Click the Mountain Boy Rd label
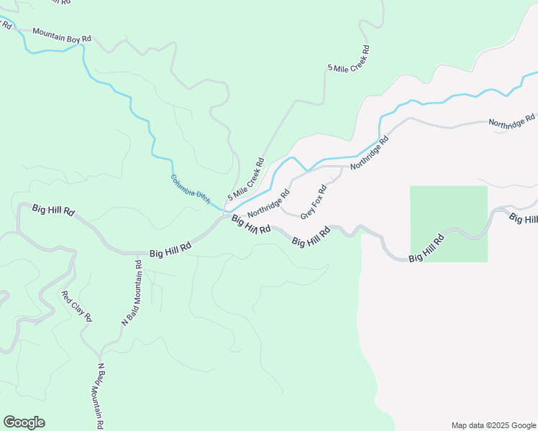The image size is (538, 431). point(63,34)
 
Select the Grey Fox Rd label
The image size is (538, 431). point(314,202)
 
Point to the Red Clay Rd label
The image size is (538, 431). point(77,306)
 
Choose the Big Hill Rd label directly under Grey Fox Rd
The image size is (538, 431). point(311,238)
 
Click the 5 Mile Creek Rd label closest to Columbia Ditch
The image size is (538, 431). point(247,180)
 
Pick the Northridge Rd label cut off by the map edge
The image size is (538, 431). point(512,121)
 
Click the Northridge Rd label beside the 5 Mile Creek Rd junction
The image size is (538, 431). point(268,204)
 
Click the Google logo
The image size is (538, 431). point(24,422)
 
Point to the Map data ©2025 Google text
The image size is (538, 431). point(493,425)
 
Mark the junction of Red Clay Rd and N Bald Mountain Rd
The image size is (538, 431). point(99,354)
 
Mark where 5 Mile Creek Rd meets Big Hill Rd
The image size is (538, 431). point(227,215)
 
